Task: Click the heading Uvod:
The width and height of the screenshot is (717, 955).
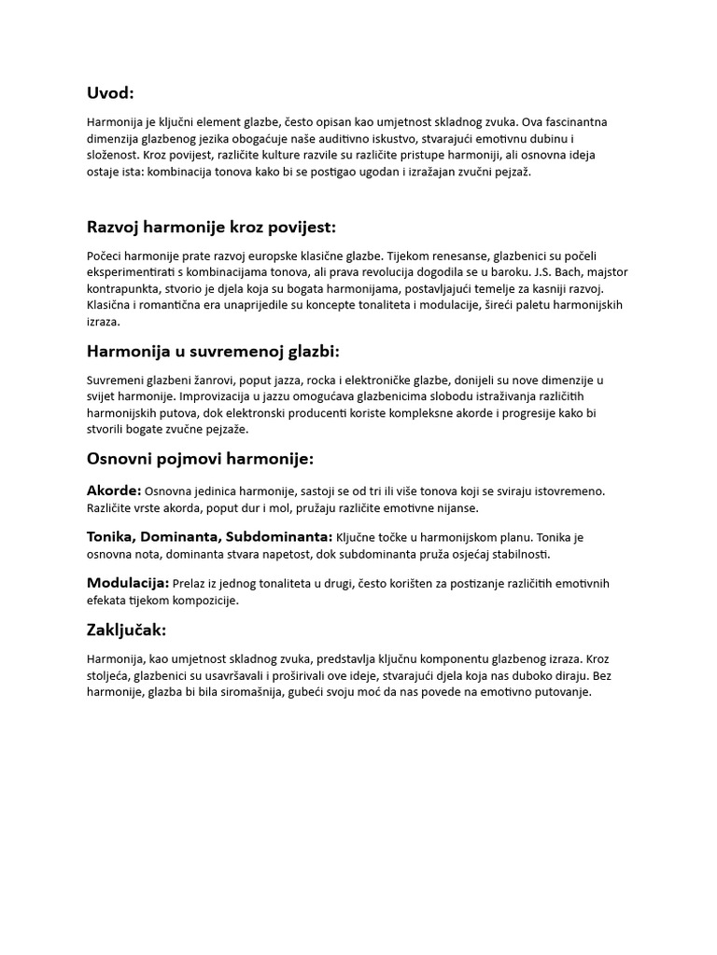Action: click(x=110, y=92)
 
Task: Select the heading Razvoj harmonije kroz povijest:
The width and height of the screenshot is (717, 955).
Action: click(x=211, y=227)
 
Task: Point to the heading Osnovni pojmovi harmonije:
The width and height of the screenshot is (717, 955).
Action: click(x=200, y=459)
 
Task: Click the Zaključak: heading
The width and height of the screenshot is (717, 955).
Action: click(x=126, y=630)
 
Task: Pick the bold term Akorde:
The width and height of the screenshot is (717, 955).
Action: click(x=114, y=491)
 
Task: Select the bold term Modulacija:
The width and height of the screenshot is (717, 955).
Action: click(x=128, y=583)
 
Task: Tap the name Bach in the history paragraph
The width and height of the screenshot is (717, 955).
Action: click(x=552, y=271)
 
